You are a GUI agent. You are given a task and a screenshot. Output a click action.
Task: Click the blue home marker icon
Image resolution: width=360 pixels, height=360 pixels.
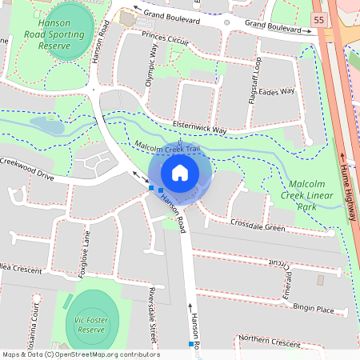180,172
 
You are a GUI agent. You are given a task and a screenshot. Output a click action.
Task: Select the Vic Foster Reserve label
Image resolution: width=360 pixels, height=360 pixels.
90,324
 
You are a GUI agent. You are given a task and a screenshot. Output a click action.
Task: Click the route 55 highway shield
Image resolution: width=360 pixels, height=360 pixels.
319,19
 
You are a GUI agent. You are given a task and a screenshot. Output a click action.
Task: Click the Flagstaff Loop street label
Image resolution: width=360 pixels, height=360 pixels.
254,73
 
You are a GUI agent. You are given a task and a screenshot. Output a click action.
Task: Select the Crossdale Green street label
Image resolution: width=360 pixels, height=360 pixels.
257,226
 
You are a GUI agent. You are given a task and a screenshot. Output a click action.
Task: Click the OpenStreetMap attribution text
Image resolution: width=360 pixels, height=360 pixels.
80,354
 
